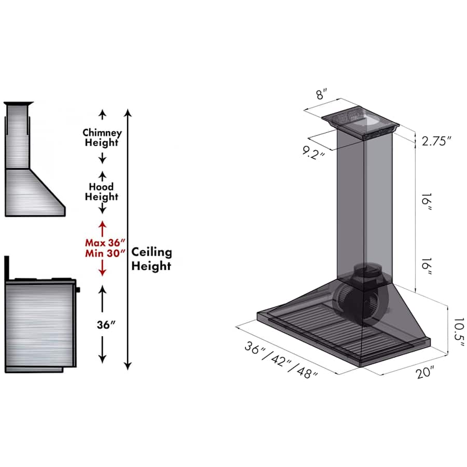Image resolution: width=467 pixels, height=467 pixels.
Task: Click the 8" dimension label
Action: tap(321, 93)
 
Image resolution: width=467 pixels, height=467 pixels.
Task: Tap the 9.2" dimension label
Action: tap(313, 153)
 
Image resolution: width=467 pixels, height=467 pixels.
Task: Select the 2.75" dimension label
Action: tap(436, 141)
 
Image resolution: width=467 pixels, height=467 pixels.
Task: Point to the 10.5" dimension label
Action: tap(459, 332)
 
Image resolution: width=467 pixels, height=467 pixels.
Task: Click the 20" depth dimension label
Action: tap(425, 373)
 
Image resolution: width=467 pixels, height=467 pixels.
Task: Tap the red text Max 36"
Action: tap(105, 243)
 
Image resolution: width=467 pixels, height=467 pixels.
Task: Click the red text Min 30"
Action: tap(105, 253)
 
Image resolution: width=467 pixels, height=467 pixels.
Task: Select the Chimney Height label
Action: tap(102, 138)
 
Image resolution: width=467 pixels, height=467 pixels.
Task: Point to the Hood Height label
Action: tap(102, 191)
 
